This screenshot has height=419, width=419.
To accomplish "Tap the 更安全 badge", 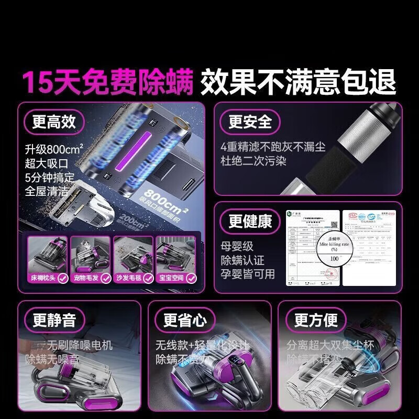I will pyautogui.click(x=250, y=122).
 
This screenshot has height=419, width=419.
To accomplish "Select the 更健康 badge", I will pyautogui.click(x=250, y=221).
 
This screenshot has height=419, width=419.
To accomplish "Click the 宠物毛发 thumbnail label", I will pyautogui.click(x=86, y=278).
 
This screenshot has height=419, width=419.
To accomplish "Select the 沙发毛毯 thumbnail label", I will pyautogui.click(x=129, y=278).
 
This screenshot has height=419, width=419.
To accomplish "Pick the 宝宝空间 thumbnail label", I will pyautogui.click(x=171, y=278).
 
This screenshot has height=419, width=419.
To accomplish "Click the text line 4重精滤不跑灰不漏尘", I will pyautogui.click(x=273, y=147).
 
